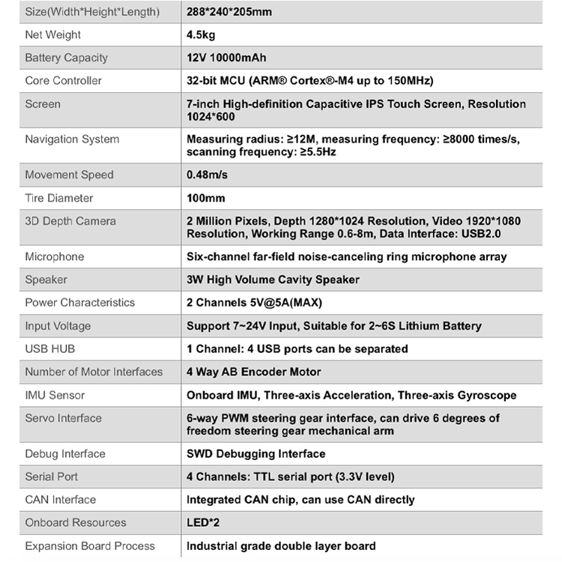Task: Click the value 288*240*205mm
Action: (228, 12)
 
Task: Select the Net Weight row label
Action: (53, 34)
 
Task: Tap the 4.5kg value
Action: (200, 34)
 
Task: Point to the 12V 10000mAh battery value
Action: (226, 58)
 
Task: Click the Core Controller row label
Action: (63, 80)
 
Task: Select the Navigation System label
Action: (72, 139)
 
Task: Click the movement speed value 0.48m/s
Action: (207, 175)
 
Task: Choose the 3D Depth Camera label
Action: (70, 221)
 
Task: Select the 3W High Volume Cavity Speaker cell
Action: (273, 280)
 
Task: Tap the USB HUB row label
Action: (50, 348)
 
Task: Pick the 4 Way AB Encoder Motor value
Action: (253, 372)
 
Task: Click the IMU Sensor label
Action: (55, 395)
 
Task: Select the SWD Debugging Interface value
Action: (256, 453)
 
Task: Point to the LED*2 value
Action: (202, 522)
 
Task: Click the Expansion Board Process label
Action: (90, 546)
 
